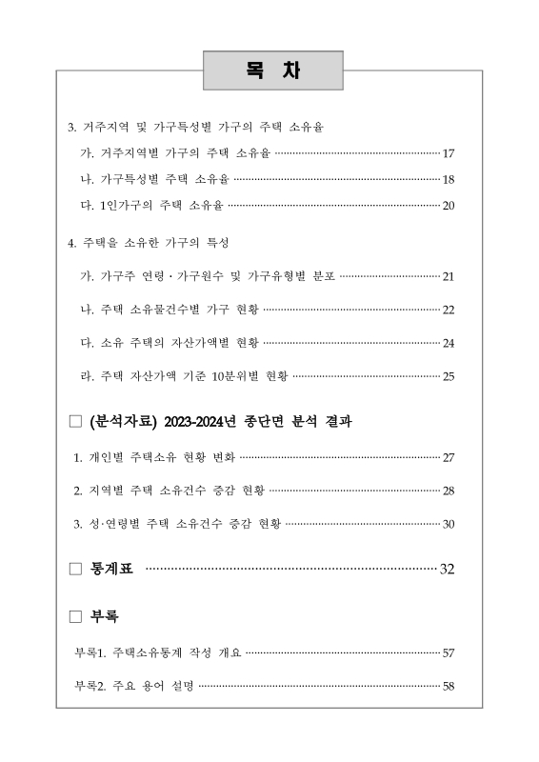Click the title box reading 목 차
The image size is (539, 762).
pos(272,71)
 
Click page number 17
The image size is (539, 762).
pos(449,153)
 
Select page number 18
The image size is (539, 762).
pos(449,179)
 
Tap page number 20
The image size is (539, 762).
pos(449,206)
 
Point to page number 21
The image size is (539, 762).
pos(449,277)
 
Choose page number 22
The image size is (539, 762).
pos(449,310)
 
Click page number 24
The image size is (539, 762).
pos(449,343)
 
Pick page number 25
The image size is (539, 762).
pos(449,375)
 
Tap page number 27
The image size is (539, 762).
pos(449,458)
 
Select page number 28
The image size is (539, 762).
pos(449,491)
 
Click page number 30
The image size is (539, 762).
pos(449,524)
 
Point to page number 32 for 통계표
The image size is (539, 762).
pos(447,570)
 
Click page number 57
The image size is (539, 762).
pos(449,653)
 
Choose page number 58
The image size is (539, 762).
pos(449,686)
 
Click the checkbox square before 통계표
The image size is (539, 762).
pos(76,570)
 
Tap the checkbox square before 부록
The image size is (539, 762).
pos(76,616)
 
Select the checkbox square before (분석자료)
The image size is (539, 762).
pos(76,421)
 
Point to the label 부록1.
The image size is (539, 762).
pos(90,653)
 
